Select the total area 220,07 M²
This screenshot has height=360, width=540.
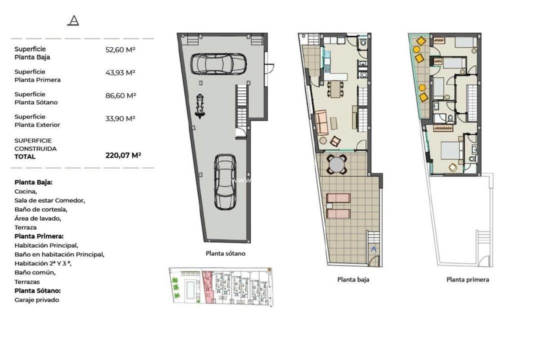(123, 155)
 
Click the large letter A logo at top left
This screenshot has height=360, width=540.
(73, 20)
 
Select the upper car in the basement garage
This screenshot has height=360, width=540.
(219, 63)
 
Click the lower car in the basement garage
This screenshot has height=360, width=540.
(225, 182)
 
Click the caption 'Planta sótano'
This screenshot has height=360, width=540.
(225, 253)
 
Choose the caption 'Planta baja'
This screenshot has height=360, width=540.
(353, 279)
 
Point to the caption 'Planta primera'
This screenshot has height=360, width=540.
(467, 279)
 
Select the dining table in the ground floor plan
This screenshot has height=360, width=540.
(336, 89)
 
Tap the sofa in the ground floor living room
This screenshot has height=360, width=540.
(321, 122)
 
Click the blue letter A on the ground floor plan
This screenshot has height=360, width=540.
(373, 248)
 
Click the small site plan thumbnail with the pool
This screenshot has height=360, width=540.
(221, 285)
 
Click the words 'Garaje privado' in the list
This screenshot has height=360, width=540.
(36, 300)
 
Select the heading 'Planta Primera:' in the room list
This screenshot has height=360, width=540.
(39, 236)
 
